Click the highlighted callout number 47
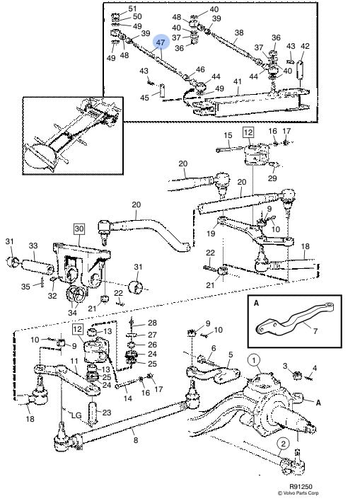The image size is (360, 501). [161, 42]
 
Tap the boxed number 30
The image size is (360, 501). [79, 229]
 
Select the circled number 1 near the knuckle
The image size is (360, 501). [254, 361]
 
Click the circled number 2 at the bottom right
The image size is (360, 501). [283, 444]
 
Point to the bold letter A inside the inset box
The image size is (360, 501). [256, 303]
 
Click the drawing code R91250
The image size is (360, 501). [301, 488]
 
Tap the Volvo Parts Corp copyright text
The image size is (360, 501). [298, 493]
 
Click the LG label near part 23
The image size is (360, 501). [76, 415]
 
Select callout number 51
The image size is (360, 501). [132, 8]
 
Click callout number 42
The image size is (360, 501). [305, 46]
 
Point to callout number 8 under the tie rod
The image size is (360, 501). [136, 440]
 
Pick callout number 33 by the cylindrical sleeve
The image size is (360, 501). [33, 246]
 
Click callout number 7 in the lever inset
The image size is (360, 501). [315, 331]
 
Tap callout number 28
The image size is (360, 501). [152, 323]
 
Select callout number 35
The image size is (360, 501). [25, 287]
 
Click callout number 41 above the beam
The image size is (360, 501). [238, 82]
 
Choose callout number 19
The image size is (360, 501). [211, 234]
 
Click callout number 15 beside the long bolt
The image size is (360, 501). [228, 135]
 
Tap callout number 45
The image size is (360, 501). [145, 97]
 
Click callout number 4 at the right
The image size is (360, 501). [314, 369]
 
